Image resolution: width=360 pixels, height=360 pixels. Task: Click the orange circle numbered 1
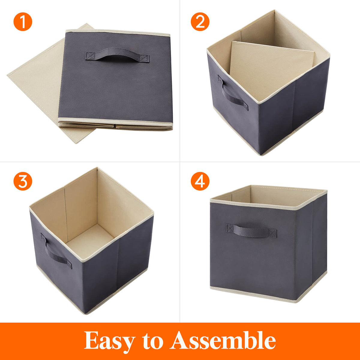[x=23, y=22]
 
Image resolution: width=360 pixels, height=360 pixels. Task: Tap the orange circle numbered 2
[x=200, y=22]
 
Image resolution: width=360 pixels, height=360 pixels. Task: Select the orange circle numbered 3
[x=23, y=181]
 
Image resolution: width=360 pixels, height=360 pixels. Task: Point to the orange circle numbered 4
[x=200, y=181]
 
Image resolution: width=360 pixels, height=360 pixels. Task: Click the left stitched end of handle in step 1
[x=90, y=56]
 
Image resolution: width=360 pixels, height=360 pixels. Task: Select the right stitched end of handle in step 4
[x=272, y=233]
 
